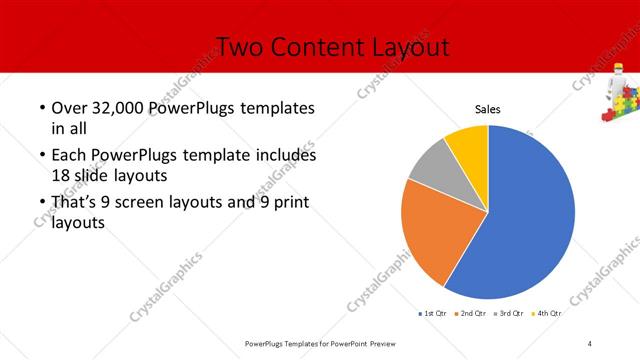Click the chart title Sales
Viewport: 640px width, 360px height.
(487, 110)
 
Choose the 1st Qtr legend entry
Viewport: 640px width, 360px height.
(432, 314)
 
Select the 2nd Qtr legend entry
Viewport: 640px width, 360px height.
(471, 314)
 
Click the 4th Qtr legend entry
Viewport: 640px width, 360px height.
(547, 314)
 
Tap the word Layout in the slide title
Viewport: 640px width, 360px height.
(405, 47)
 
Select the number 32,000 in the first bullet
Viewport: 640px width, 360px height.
(118, 108)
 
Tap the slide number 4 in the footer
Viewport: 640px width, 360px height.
(590, 344)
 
